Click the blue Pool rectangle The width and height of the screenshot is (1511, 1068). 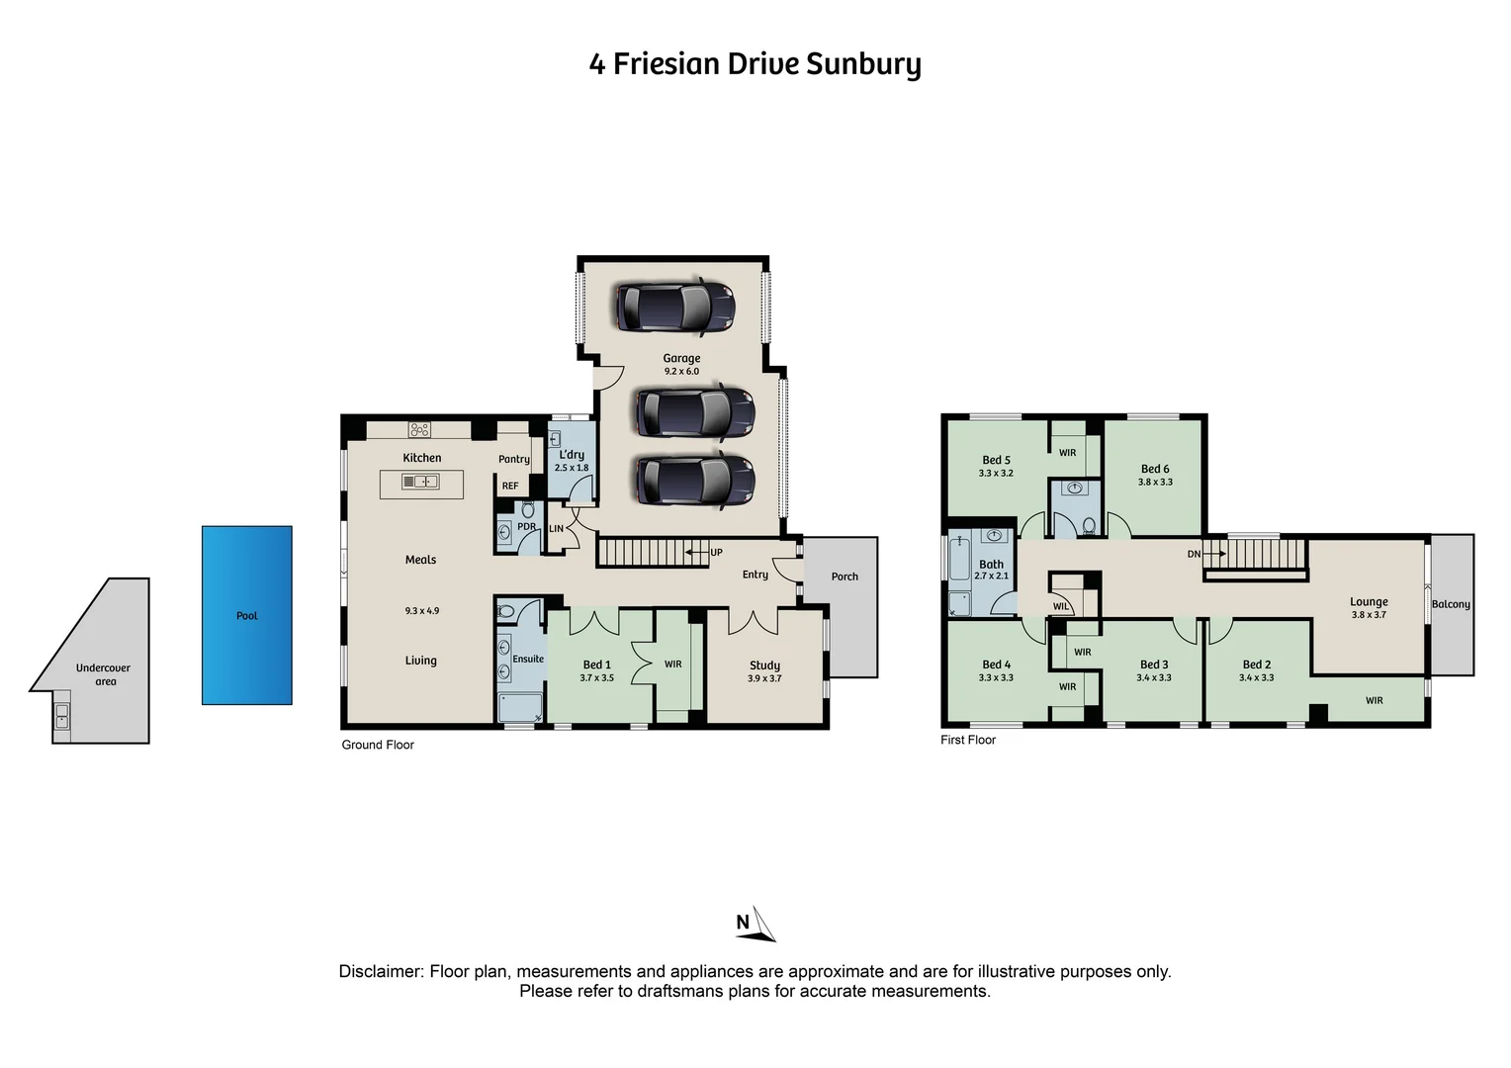click(246, 615)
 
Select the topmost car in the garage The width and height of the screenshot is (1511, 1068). click(675, 306)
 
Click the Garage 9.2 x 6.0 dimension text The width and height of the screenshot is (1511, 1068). click(681, 372)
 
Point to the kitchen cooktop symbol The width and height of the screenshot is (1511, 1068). click(419, 429)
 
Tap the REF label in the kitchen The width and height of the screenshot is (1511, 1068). click(510, 486)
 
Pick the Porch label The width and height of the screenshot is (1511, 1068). click(844, 577)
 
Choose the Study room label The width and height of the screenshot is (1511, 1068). click(764, 666)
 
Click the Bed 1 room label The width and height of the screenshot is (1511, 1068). click(596, 665)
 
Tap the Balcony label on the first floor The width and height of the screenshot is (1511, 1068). click(1451, 604)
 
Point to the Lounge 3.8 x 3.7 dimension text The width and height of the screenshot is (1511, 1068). click(1369, 615)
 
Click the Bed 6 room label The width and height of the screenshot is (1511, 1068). click(1155, 469)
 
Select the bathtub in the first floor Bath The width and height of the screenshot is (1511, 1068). click(959, 559)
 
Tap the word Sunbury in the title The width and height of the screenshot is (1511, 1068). click(863, 64)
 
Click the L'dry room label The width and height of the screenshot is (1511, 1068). click(572, 455)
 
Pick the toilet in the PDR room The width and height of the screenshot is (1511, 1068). click(527, 510)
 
